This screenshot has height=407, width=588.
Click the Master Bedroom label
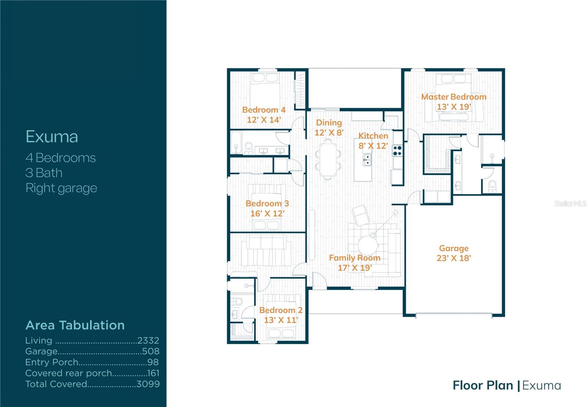tap(453, 97)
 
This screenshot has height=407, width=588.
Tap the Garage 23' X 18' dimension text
tap(454, 258)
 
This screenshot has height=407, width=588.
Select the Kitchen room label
tap(373, 136)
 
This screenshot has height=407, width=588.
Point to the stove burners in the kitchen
tap(397, 151)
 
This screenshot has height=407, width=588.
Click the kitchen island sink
tap(367, 160)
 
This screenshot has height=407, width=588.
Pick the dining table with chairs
tap(328, 159)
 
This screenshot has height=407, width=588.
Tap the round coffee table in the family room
tap(368, 245)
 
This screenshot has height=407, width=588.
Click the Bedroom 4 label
tap(264, 110)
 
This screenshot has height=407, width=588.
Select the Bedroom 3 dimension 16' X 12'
tap(267, 213)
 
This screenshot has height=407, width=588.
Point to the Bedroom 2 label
tap(281, 310)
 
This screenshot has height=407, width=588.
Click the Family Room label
tap(355, 258)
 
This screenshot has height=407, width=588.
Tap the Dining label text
tap(329, 123)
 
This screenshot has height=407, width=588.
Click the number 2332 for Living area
tap(148, 340)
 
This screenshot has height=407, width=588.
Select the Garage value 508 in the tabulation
tap(151, 351)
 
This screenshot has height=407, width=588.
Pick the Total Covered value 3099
tap(148, 384)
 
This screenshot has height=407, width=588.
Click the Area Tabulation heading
tap(75, 325)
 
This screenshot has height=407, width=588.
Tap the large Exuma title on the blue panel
tap(52, 137)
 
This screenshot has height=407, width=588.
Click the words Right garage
tap(61, 188)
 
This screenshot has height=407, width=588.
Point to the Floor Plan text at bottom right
tap(483, 385)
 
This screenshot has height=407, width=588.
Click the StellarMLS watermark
tap(570, 203)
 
